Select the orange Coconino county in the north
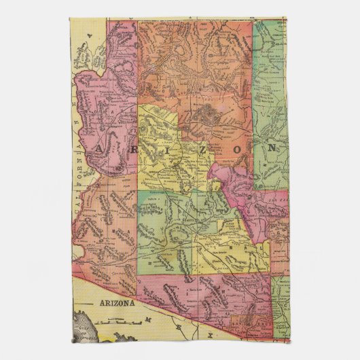pyautogui.click(x=197, y=75)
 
